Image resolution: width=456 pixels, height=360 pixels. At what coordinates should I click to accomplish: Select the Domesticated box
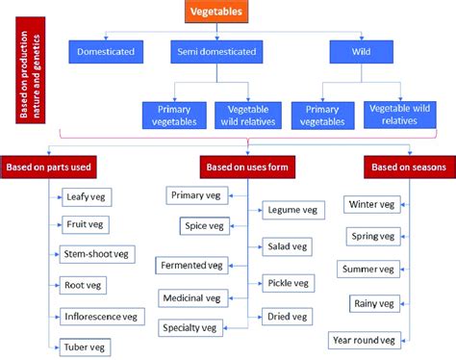click(x=105, y=50)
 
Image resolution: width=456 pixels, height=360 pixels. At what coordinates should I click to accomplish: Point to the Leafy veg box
click(x=88, y=196)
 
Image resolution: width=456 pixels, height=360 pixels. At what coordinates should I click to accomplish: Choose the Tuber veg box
click(x=87, y=346)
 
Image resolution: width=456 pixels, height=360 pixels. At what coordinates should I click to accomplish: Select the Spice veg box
click(x=204, y=226)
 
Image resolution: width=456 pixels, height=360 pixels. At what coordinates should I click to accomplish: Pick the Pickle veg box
click(x=286, y=282)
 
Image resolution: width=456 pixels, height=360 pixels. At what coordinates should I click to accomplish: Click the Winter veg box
click(x=370, y=205)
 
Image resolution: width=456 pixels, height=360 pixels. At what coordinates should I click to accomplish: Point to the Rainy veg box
click(x=372, y=304)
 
